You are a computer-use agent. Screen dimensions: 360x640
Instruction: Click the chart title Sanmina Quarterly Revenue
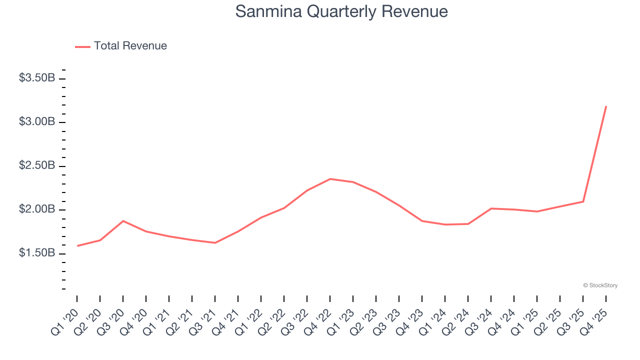341,11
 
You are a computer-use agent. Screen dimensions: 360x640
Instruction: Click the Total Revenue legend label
130,46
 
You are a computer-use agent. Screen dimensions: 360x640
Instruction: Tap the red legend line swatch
82,46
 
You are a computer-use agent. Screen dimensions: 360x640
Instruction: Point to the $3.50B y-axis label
37,78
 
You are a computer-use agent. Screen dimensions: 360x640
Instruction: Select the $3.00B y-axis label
37,122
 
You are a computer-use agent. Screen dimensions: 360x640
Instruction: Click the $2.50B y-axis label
37,165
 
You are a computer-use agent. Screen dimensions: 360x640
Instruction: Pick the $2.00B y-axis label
37,209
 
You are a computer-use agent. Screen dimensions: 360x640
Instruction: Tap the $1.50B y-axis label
37,253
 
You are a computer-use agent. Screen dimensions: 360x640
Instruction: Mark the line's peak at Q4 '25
606,106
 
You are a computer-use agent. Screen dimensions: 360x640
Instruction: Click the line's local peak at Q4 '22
330,178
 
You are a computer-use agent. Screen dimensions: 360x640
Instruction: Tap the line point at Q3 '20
123,220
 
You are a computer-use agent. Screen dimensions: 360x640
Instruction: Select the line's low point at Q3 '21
215,242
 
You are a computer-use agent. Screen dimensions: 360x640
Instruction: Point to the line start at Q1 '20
77,245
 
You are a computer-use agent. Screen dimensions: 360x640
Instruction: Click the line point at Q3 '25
583,201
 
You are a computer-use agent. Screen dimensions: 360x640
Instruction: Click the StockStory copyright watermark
600,285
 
